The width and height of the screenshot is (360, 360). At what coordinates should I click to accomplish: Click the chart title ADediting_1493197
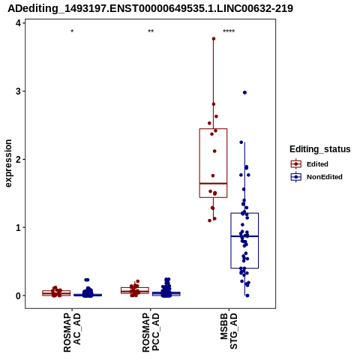point(150,8)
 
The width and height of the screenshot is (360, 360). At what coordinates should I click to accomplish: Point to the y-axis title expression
point(8,163)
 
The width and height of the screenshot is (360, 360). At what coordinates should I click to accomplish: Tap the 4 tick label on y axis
point(18,23)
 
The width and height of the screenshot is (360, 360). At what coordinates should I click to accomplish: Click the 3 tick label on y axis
point(18,91)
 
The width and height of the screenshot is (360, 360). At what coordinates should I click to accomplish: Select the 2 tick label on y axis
point(18,160)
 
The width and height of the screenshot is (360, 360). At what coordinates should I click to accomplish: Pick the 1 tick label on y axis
point(18,227)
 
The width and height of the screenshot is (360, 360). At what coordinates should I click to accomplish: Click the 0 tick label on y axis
point(18,295)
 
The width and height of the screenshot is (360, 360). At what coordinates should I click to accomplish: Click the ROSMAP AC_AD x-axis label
point(72,332)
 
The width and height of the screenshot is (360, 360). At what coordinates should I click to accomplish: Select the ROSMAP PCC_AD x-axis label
point(151,332)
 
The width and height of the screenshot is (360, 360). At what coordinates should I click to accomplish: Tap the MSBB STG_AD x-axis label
point(229,331)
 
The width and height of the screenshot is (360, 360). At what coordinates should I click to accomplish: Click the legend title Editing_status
point(320,149)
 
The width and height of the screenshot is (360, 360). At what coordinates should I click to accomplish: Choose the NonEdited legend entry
point(316,177)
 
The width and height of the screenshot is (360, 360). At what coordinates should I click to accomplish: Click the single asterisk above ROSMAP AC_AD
point(72,31)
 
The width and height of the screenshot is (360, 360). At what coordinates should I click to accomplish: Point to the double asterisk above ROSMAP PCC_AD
point(151,31)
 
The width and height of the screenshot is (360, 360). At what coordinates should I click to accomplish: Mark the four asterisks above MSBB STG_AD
point(229,31)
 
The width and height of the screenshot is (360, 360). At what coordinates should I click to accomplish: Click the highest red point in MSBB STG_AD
point(214,39)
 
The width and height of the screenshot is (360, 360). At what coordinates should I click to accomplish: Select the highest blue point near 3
point(244,93)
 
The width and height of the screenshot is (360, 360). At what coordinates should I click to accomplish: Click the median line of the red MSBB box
point(213,184)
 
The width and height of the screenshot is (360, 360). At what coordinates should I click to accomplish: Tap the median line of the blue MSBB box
point(244,236)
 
